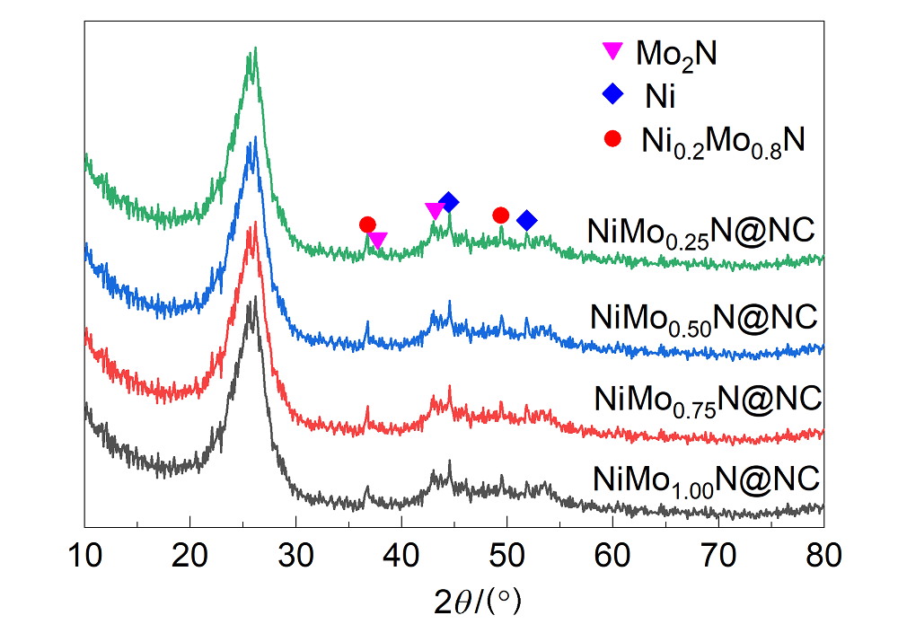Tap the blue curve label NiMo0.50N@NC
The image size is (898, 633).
(705, 318)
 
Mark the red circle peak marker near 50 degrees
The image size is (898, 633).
(501, 215)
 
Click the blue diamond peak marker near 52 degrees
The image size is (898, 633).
(527, 220)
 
